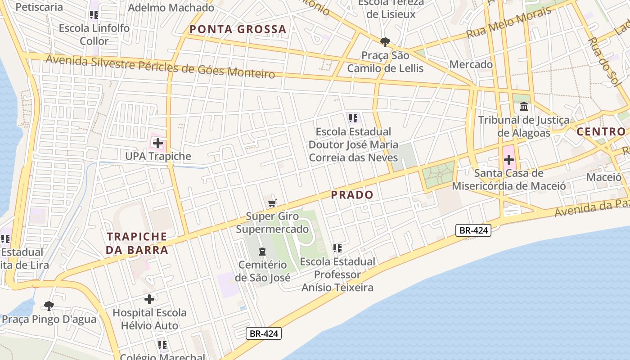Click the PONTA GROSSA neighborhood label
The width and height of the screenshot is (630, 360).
pos(238,30)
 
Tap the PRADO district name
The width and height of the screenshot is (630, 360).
pos(352,195)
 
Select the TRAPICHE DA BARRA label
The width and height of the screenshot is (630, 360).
pos(137,243)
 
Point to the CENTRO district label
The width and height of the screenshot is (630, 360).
pos(601,132)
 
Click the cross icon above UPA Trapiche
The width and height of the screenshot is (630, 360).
pos(157,144)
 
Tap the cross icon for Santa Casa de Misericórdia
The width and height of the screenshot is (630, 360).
pos(509,160)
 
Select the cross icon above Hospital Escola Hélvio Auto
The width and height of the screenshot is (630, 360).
pos(149,299)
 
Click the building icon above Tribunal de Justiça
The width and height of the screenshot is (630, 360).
pos(524,107)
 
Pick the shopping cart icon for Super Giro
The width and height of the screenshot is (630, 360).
pos(272,203)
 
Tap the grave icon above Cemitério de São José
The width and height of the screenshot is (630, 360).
pos(262,252)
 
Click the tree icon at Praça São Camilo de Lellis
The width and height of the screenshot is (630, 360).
pos(385,42)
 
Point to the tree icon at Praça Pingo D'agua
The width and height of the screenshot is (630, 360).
pos(49,306)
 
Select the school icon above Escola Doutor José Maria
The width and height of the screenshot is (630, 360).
pos(353,119)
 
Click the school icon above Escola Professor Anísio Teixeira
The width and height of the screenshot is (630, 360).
pos(337,248)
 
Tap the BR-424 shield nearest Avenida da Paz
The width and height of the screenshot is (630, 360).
pos(473,231)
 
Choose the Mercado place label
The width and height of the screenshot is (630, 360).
pos(471,64)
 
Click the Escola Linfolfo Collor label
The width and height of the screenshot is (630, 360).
pos(94,35)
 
